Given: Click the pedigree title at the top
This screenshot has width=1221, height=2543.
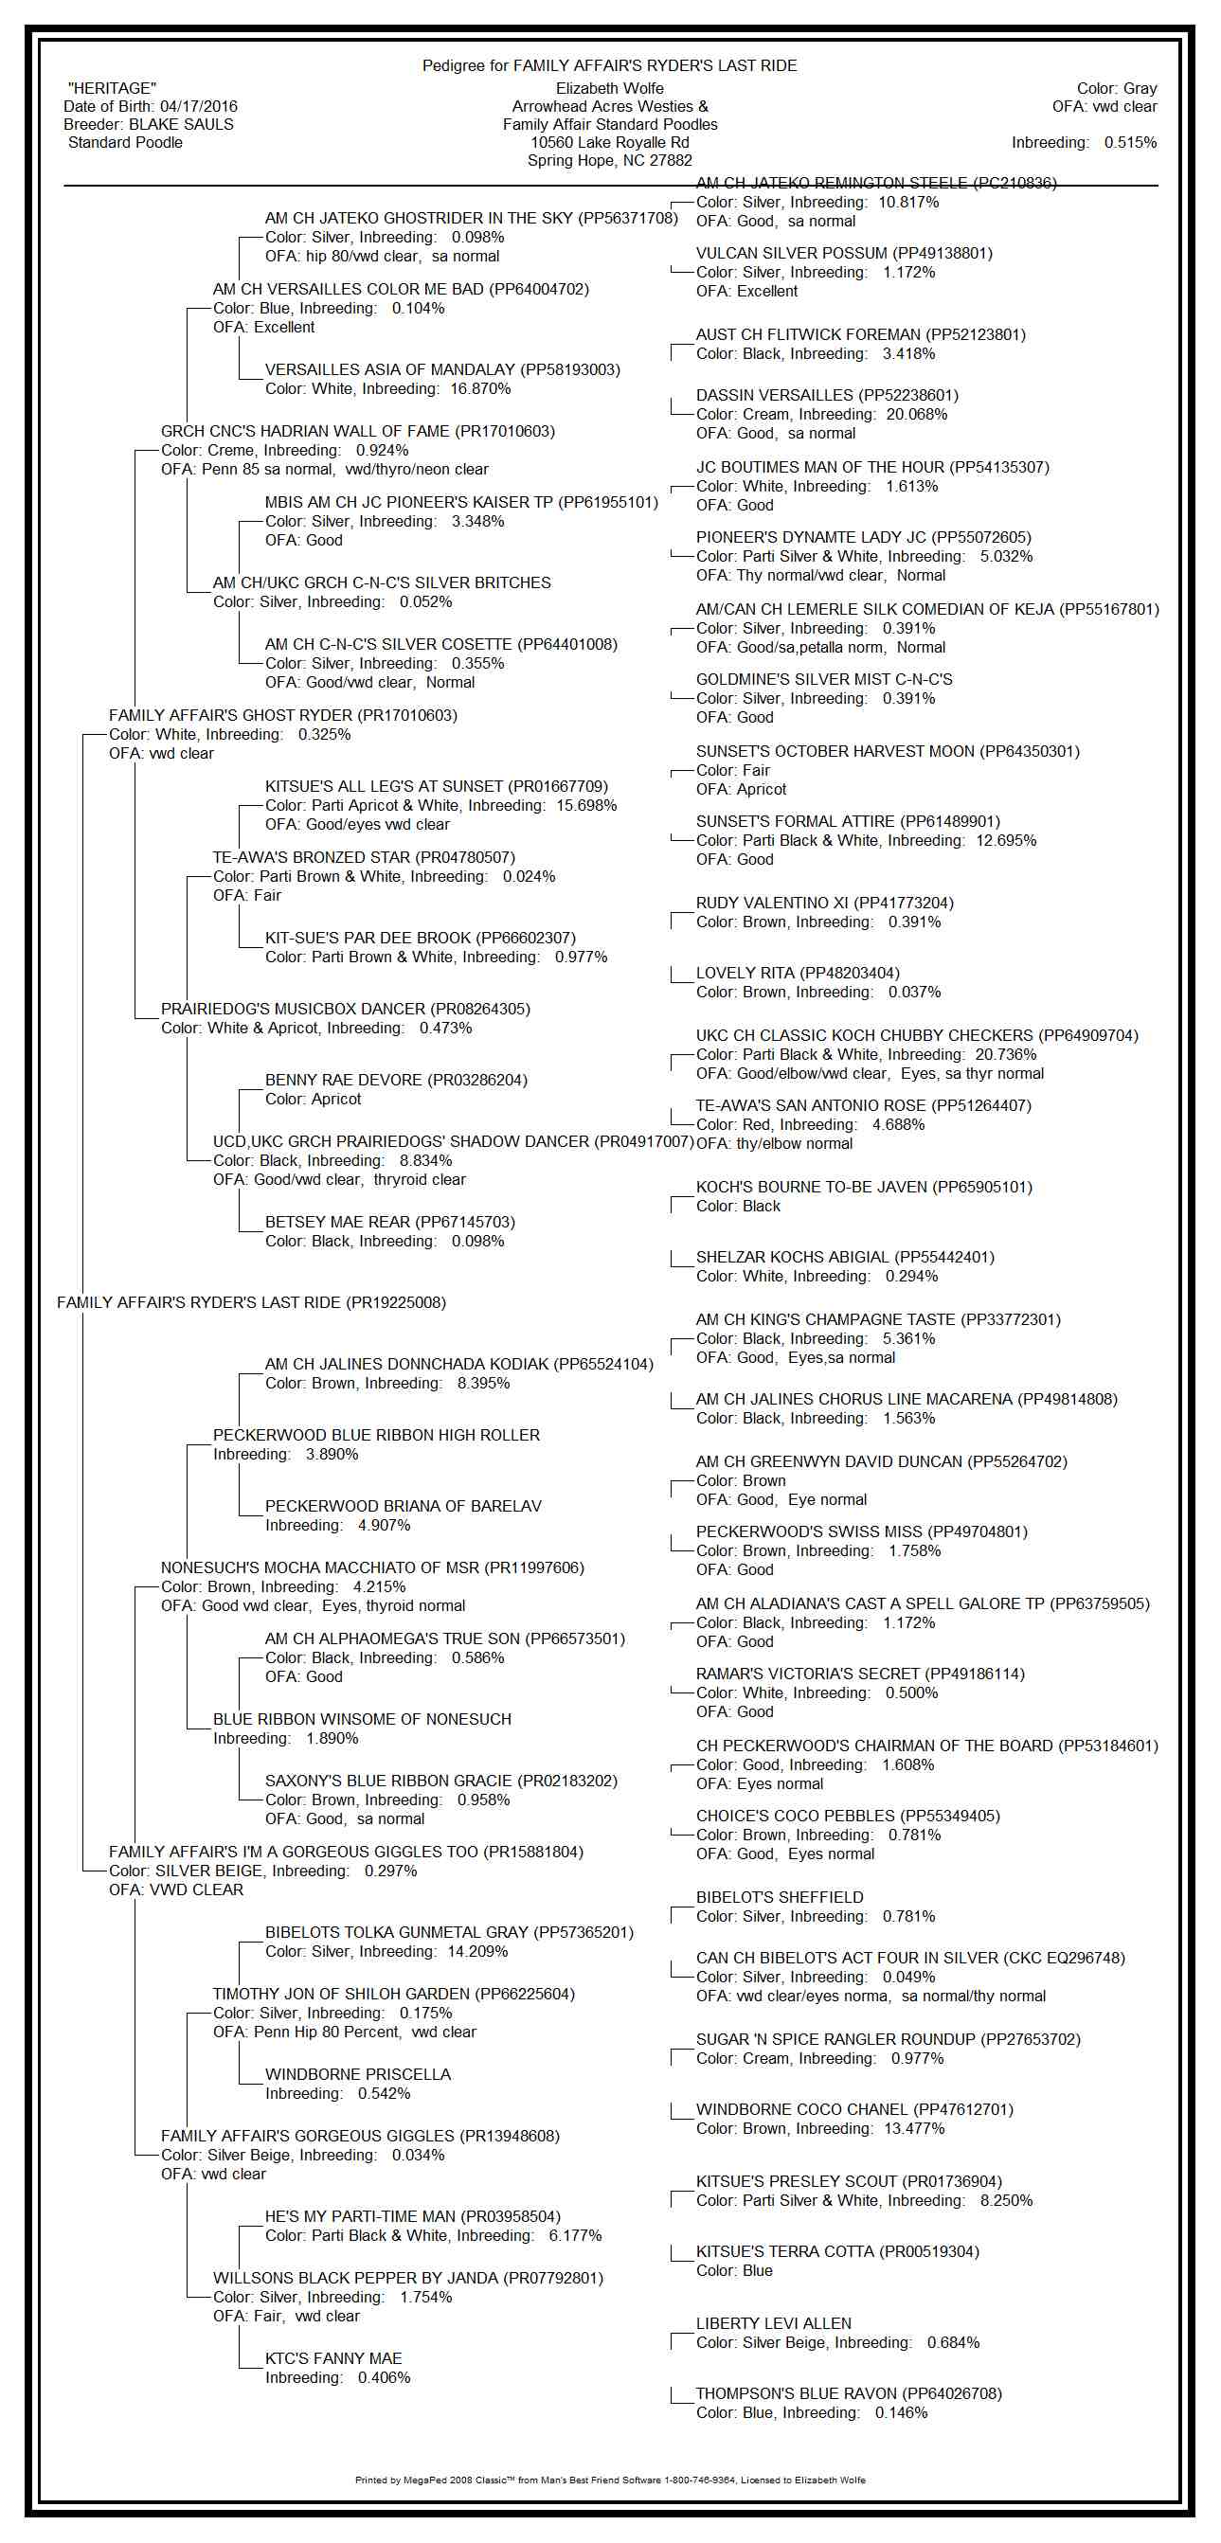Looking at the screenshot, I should (609, 66).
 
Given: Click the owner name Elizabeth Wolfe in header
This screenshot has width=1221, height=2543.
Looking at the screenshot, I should (609, 89).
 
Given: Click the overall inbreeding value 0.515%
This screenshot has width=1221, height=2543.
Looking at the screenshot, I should (1130, 143).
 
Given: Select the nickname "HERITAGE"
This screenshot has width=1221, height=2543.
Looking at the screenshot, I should (112, 89).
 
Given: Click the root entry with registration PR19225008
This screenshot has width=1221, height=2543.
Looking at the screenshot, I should (251, 1303).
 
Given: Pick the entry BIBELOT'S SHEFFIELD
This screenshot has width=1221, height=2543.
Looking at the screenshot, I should (779, 1897).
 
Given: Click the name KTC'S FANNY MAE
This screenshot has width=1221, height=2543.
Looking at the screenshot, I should (332, 2359).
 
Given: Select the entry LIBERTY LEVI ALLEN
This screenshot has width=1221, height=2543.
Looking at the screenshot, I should (773, 2324).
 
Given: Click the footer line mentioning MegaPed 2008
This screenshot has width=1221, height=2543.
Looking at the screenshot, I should (609, 2480).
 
